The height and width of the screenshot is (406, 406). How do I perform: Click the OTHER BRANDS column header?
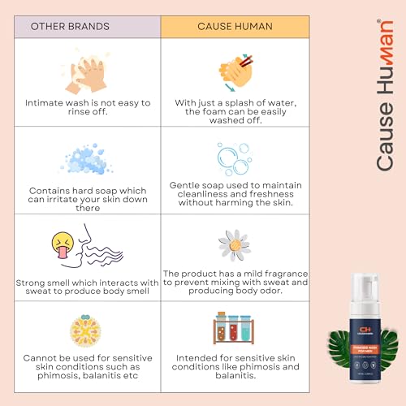pos(80,26)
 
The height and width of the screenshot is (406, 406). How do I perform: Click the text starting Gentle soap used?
pos(235,186)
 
